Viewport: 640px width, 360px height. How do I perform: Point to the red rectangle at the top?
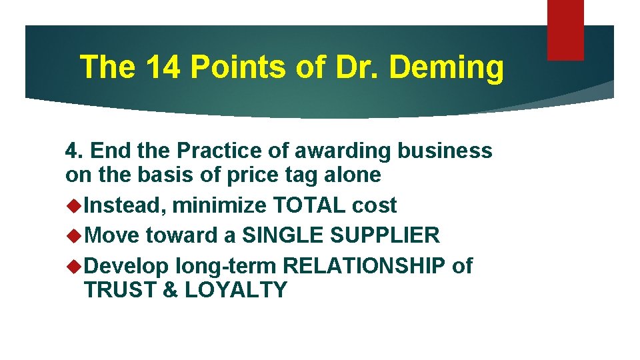565,30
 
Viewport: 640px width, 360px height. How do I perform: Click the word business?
445,151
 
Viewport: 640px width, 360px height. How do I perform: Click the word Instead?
125,206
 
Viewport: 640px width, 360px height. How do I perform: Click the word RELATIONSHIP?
364,265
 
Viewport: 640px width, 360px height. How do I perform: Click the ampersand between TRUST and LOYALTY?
171,289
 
